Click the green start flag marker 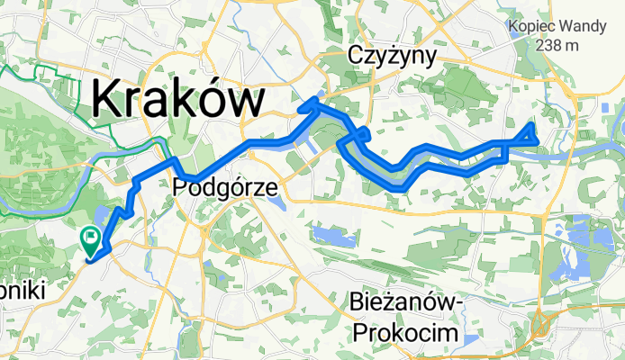coord(90,238)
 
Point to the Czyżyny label coord(392,57)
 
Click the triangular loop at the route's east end coord(526,136)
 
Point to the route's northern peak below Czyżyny coord(313,100)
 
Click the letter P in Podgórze coord(177,186)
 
